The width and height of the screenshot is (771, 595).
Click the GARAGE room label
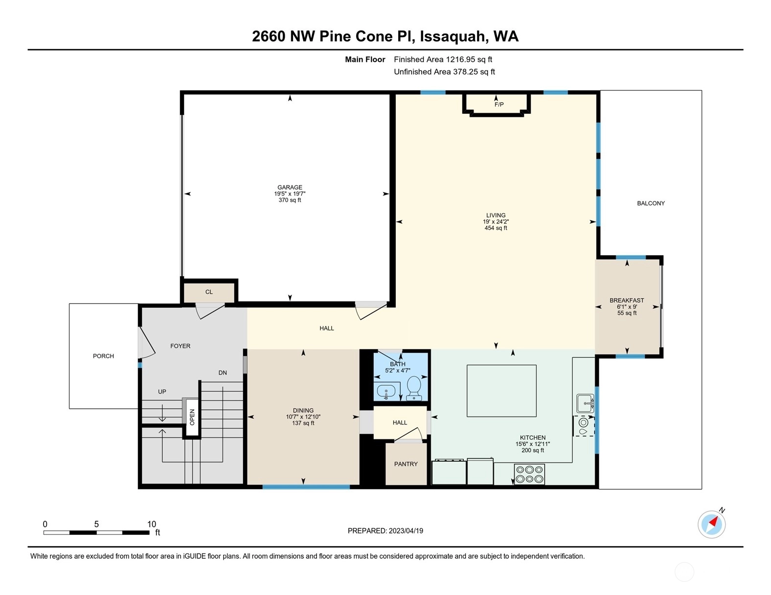[x=290, y=187]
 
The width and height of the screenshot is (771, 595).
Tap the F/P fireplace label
[x=499, y=104]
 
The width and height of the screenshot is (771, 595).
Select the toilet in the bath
[x=413, y=388]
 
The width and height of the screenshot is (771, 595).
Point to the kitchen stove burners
[x=529, y=474]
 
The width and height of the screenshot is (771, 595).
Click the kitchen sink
[x=585, y=403]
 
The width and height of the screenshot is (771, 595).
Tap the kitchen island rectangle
[x=501, y=391]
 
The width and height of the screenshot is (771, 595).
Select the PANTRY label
[x=406, y=464]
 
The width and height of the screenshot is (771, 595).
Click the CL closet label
[x=209, y=292]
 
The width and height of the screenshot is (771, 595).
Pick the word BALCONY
[x=651, y=203]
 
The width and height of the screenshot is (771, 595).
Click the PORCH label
[x=103, y=356]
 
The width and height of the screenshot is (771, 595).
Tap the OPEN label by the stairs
[x=192, y=417]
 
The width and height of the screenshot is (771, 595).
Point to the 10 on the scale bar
[x=152, y=524]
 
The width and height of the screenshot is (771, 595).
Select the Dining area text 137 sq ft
[x=303, y=423]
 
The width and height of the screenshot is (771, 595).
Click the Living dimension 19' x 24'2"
[x=496, y=221]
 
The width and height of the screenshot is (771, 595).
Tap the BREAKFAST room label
[x=627, y=300]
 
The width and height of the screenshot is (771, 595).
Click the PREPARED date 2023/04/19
[x=406, y=531]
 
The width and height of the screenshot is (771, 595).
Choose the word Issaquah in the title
[x=452, y=37]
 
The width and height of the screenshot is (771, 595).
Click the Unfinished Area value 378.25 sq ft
[x=474, y=72]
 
